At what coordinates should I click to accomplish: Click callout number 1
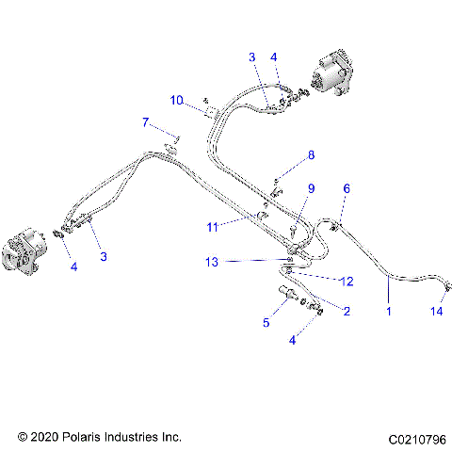click(388, 309)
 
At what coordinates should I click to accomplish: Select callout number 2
click(347, 311)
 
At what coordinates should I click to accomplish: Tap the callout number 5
click(266, 323)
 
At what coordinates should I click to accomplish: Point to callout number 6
click(346, 189)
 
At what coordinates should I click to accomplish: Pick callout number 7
click(145, 122)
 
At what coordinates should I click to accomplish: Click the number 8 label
click(312, 154)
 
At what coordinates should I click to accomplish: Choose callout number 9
click(310, 188)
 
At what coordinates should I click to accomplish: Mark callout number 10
click(176, 100)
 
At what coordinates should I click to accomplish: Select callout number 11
click(214, 226)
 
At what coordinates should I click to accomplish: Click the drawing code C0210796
click(415, 438)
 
